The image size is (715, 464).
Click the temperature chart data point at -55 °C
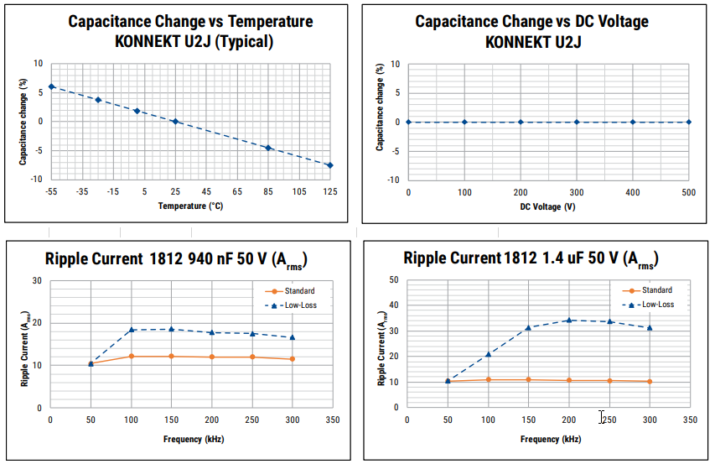[x=51, y=86]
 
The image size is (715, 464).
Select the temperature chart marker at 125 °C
[x=330, y=165]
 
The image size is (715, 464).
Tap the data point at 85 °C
[x=268, y=148]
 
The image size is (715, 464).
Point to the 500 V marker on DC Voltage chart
[x=689, y=122]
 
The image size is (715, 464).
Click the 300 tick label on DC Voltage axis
[x=577, y=192]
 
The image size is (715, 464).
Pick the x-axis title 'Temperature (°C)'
[x=190, y=206]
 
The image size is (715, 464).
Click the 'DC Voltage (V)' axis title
[x=547, y=206]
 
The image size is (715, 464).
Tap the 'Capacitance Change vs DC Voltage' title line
[x=531, y=22]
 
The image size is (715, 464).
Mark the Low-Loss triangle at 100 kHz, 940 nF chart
[x=131, y=330]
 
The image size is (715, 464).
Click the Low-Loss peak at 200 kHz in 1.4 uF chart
[x=569, y=320]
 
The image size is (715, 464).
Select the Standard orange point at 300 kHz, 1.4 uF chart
[x=650, y=382]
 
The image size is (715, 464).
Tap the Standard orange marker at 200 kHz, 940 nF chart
[x=211, y=357]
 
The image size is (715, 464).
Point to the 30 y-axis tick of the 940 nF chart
[x=37, y=281]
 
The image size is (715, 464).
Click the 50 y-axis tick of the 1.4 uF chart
[x=393, y=279]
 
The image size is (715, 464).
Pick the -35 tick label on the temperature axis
[x=81, y=192]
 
